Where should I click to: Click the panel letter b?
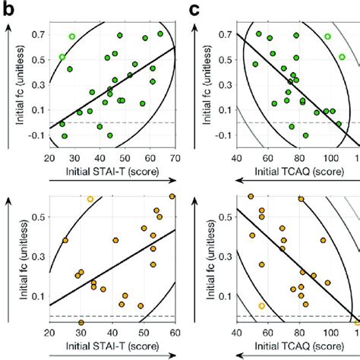coord(9,10)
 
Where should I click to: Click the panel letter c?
coord(196,10)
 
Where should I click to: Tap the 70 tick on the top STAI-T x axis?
coord(175,158)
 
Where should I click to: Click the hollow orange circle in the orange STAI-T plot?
coord(90,199)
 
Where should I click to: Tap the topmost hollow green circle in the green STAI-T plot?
coord(72,36)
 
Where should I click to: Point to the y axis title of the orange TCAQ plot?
coord(211,258)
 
